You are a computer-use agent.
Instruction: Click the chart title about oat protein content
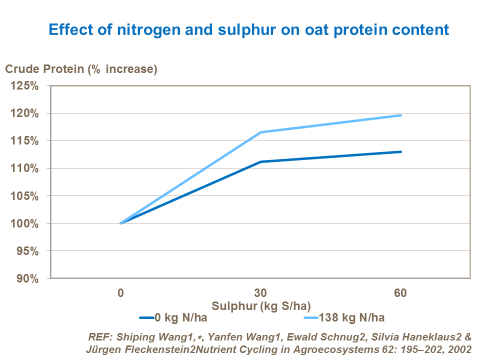(x=248, y=29)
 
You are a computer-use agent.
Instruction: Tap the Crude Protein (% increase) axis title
(x=81, y=69)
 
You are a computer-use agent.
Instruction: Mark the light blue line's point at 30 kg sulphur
(x=260, y=132)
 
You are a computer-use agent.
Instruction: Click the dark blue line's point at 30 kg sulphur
(x=260, y=162)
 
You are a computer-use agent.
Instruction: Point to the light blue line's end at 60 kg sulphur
(x=401, y=115)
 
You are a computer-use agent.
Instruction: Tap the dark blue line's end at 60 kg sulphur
(x=401, y=151)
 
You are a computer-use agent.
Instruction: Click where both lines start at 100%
(x=121, y=223)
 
